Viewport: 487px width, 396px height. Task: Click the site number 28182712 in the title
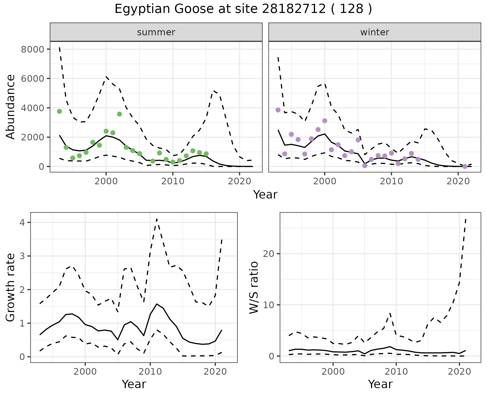coord(294,9)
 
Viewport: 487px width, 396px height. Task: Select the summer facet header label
coord(156,32)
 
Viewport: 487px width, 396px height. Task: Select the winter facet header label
coord(375,32)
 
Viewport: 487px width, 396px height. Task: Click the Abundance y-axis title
coord(11,107)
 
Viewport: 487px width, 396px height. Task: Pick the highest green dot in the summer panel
coord(59,111)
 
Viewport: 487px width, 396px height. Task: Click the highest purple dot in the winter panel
coord(278,110)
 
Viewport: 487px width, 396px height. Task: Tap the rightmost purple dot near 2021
coord(465,167)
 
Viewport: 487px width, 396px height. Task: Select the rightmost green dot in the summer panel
coord(206,154)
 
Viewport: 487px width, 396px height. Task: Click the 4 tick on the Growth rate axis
coord(22,223)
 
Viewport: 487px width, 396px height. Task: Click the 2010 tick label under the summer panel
coord(173,181)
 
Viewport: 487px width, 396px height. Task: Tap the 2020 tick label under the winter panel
coord(458,181)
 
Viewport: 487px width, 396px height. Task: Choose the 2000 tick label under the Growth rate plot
coord(85,372)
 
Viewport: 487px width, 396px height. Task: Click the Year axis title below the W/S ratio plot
coord(380,384)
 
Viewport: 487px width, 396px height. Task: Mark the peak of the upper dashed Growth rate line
coord(157,219)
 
